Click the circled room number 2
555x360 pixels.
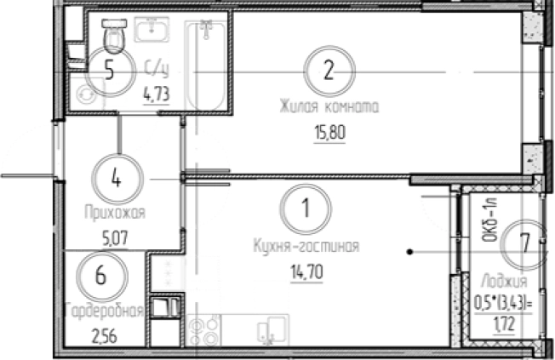pyautogui.click(x=329, y=71)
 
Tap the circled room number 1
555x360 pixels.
pyautogui.click(x=306, y=209)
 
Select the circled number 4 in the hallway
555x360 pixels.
pyautogui.click(x=117, y=179)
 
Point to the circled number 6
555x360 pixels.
pyautogui.click(x=102, y=276)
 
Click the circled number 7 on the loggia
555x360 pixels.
pyautogui.click(x=526, y=243)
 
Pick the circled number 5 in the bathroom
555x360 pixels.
pyautogui.click(x=110, y=71)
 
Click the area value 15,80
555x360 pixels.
pyautogui.click(x=329, y=133)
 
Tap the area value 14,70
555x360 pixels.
pyautogui.click(x=306, y=273)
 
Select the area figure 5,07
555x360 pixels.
pyautogui.click(x=116, y=238)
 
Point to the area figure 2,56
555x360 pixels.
pyautogui.click(x=105, y=336)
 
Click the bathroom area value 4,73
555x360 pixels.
pyautogui.click(x=156, y=94)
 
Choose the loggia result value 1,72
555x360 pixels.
pyautogui.click(x=505, y=324)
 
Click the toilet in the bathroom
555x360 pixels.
pyautogui.click(x=114, y=36)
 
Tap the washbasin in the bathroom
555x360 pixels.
pyautogui.click(x=152, y=30)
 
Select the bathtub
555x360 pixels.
pyautogui.click(x=205, y=66)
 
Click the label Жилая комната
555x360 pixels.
pyautogui.click(x=329, y=106)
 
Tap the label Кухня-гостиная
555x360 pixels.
pyautogui.click(x=306, y=246)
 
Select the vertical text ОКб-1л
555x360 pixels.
pyautogui.click(x=490, y=220)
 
